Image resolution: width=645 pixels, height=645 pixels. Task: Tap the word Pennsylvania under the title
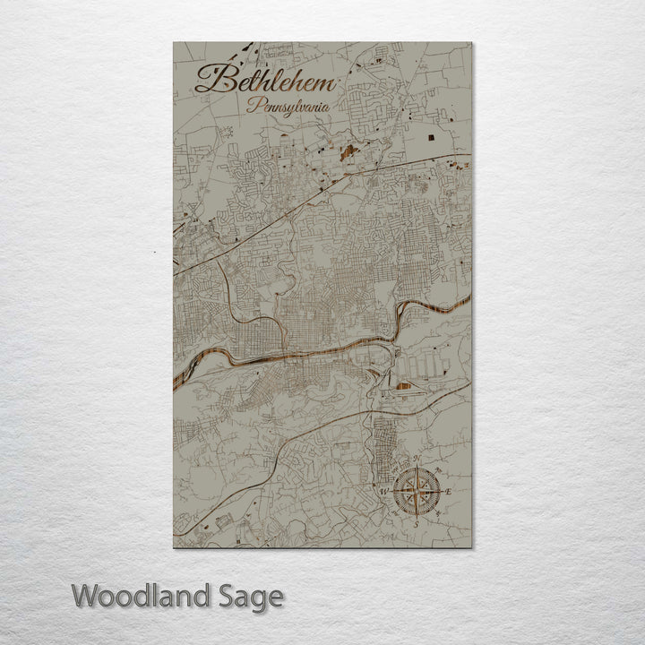288,106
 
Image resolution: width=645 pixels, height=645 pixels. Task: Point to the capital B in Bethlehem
211,79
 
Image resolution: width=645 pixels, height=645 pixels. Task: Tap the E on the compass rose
448,492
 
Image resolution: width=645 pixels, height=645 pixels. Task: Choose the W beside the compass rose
384,492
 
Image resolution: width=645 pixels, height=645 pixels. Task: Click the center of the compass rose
416,491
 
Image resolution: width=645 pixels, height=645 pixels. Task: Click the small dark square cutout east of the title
434,137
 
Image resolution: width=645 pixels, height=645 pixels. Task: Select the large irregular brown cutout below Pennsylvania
348,151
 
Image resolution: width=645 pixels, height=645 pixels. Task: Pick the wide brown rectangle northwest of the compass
405,386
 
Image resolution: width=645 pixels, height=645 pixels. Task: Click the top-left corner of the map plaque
174,43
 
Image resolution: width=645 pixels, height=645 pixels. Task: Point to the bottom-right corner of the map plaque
471,546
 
